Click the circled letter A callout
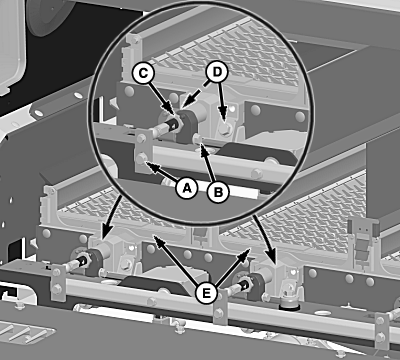click(187, 188)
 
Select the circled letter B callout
click(218, 192)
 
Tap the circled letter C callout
click(143, 73)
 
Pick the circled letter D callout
click(217, 72)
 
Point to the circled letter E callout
click(206, 293)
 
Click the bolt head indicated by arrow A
click(141, 158)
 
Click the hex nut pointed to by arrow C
click(177, 123)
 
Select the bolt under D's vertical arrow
click(225, 130)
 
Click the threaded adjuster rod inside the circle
click(165, 127)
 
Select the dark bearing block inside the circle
click(187, 127)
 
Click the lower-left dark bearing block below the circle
click(95, 262)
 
